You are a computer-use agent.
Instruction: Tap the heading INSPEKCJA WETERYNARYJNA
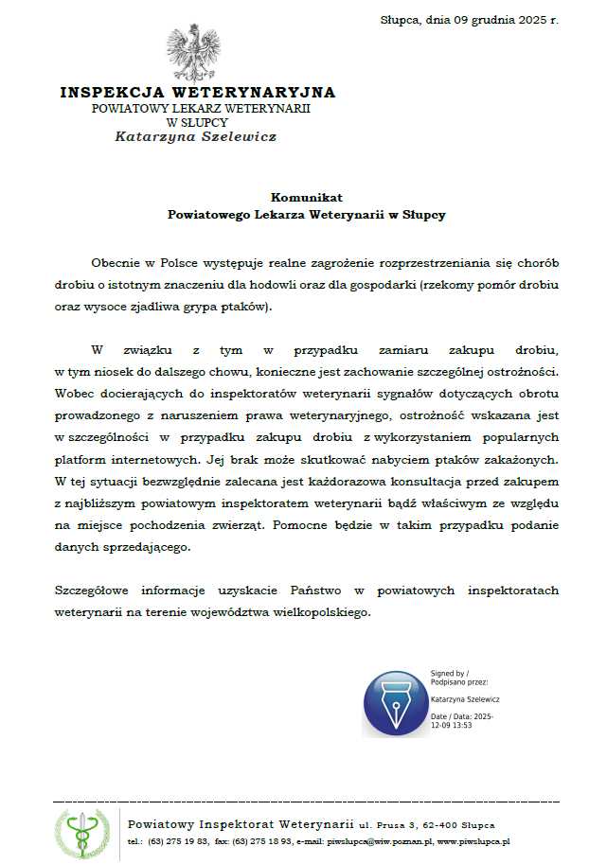click(198, 93)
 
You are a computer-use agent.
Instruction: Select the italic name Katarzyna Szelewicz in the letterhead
click(196, 136)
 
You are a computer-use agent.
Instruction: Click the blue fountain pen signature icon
click(395, 703)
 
